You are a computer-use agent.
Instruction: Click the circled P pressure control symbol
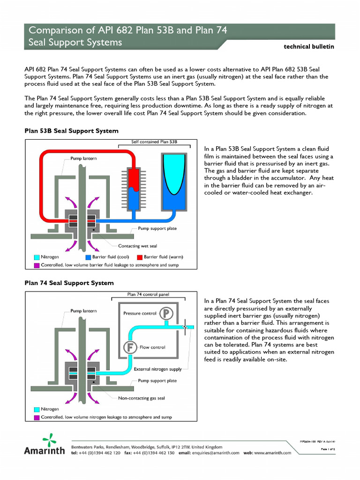[165, 313]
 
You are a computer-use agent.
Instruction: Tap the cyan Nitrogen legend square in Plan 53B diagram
[37, 257]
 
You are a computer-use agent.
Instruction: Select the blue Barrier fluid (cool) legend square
[88, 257]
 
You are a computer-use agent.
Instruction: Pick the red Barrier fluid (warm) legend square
[139, 257]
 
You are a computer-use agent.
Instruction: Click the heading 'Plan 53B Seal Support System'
[71, 131]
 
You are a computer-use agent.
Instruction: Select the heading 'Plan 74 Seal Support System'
[69, 283]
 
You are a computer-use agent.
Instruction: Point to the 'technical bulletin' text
[309, 46]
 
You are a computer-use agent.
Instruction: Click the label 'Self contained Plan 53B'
[154, 142]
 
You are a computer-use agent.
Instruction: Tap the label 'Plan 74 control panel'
[148, 294]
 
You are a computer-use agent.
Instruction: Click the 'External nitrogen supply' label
[157, 369]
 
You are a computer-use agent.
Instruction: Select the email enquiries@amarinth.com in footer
[217, 453]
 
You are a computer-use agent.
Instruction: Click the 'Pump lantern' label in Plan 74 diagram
[83, 311]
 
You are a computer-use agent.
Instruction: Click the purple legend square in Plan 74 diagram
[37, 417]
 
